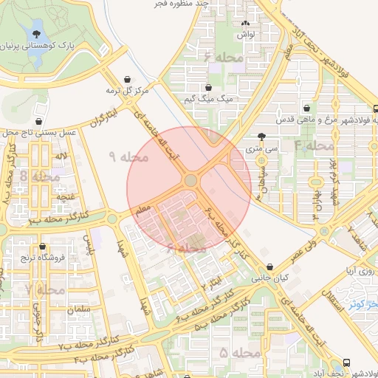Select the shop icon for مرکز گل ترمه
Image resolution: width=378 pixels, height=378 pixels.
pos(129,78)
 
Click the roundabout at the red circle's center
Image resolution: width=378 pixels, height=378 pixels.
pos(190,180)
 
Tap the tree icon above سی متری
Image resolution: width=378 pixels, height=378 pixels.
pos(262,137)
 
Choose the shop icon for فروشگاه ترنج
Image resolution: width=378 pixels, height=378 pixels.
pos(42,247)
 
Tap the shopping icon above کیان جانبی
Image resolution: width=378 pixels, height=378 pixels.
pos(269,267)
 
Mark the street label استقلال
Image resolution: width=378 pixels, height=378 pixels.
pos(334,292)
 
